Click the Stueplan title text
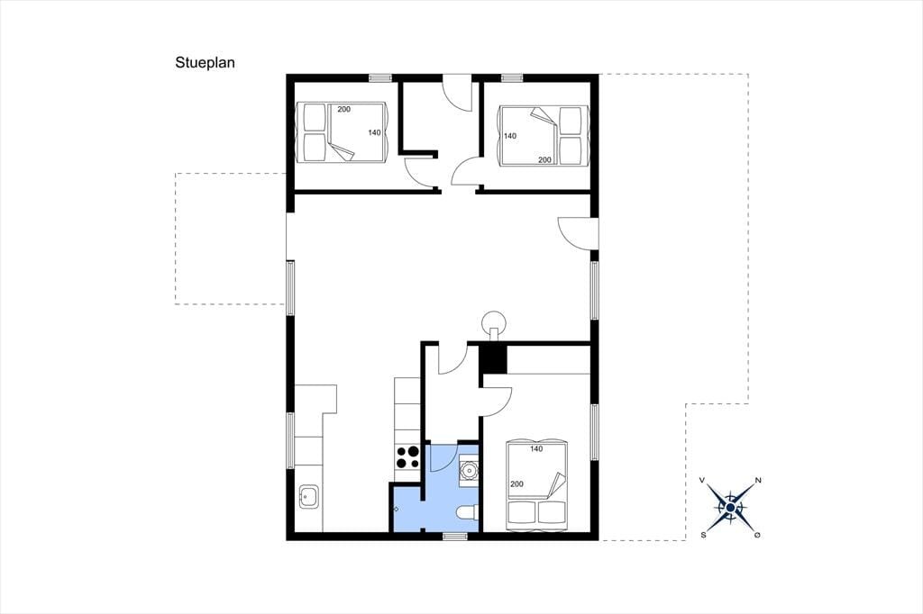tap(205, 63)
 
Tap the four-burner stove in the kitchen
tap(407, 457)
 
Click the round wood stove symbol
tap(493, 321)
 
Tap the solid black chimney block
tap(493, 358)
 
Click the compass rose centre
tap(730, 507)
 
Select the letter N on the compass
tap(758, 481)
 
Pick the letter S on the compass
tap(703, 535)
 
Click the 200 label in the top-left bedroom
tap(343, 110)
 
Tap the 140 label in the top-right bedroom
tap(510, 136)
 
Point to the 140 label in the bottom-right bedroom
tap(536, 448)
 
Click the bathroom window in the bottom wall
tap(455, 536)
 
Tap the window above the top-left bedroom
tap(380, 77)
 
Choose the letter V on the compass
tap(702, 481)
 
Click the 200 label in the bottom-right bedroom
tap(516, 484)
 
